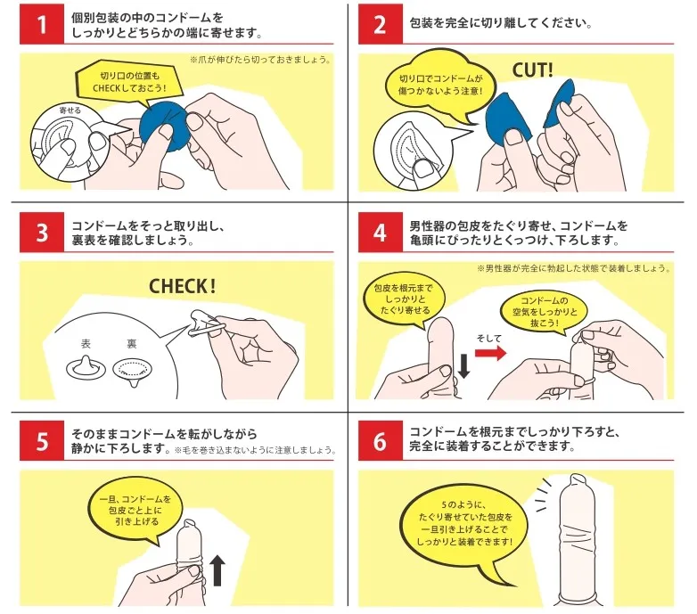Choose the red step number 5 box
(x=41, y=443)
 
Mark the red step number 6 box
(x=380, y=443)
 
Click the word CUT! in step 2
(x=533, y=70)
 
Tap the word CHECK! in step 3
(x=181, y=287)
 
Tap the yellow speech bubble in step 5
(x=135, y=510)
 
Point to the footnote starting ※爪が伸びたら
(x=260, y=60)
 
